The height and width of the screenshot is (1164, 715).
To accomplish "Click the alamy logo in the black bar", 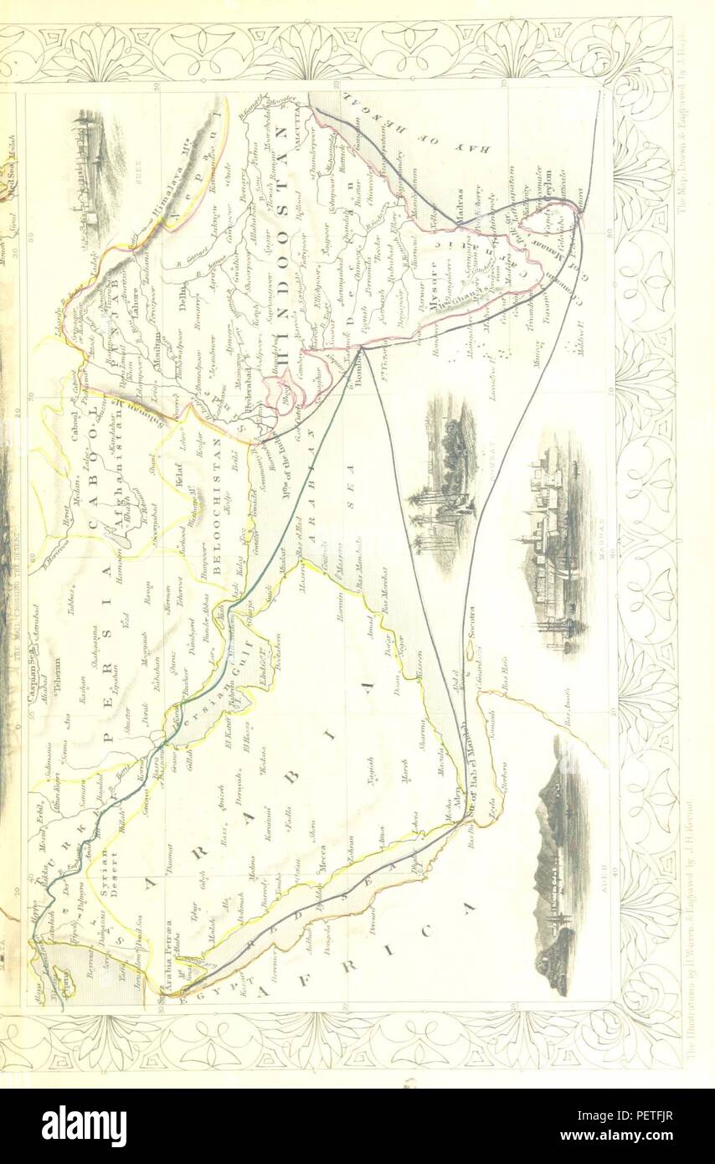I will (x=84, y=1125).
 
